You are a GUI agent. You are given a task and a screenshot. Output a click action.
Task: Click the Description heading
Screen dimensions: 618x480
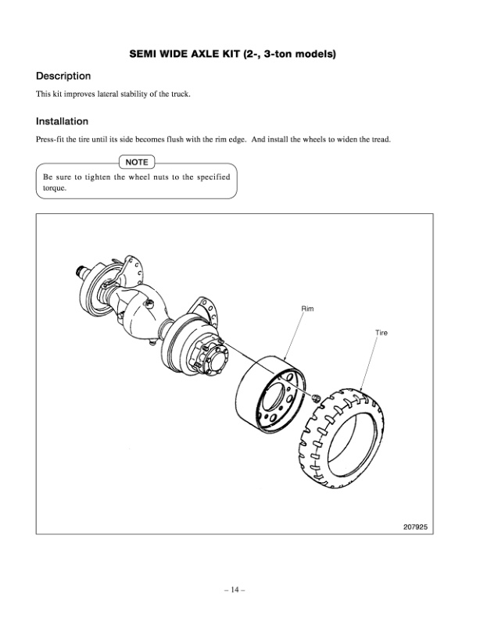[63, 77]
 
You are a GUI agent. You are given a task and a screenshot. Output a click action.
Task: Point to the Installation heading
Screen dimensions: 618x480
[62, 122]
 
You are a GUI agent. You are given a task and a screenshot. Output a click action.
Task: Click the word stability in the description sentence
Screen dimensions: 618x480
[142, 95]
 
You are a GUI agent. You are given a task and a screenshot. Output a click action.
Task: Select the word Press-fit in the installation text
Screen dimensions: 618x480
[51, 140]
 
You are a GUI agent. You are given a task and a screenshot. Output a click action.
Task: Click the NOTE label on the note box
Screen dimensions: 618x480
[137, 163]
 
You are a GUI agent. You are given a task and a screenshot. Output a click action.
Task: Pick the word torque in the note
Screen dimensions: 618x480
[55, 188]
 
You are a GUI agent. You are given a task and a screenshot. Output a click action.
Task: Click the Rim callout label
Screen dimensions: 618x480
[308, 309]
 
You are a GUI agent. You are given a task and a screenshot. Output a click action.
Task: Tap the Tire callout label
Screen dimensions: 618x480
[381, 333]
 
